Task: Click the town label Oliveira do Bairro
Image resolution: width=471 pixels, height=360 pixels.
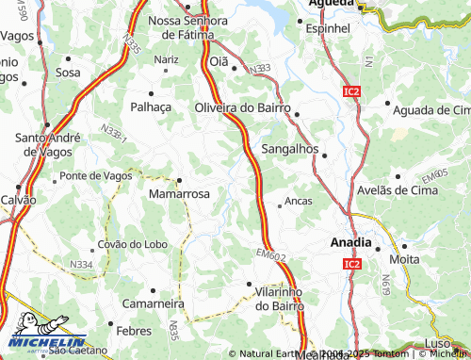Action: pyautogui.click(x=242, y=107)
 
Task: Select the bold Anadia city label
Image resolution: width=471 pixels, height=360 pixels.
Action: pyautogui.click(x=350, y=241)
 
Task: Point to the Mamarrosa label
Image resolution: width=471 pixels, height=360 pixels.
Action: pyautogui.click(x=179, y=193)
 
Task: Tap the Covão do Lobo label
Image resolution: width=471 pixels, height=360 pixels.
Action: pyautogui.click(x=131, y=244)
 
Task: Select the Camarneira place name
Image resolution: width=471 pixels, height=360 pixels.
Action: pyautogui.click(x=154, y=304)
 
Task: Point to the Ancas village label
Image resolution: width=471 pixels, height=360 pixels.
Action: pyautogui.click(x=298, y=202)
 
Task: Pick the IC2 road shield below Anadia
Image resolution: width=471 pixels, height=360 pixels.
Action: pyautogui.click(x=351, y=267)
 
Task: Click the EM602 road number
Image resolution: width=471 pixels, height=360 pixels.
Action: pyautogui.click(x=270, y=255)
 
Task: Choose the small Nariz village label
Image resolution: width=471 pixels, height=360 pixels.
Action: pyautogui.click(x=167, y=58)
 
